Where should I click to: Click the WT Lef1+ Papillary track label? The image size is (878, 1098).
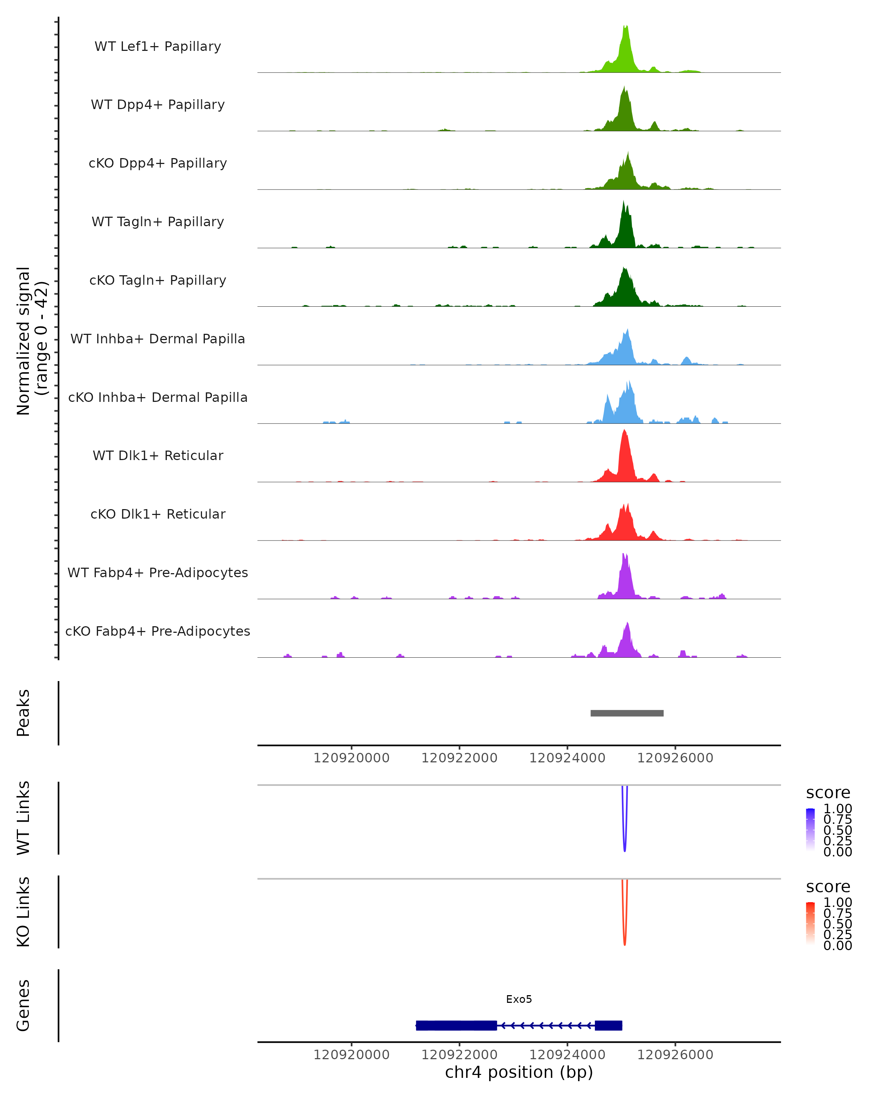158,46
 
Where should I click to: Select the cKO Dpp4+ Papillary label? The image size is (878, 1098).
158,163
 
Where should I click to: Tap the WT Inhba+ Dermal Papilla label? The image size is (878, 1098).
158,339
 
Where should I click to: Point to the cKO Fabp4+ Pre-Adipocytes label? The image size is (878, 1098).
158,631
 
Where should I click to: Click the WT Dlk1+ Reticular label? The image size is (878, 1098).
158,455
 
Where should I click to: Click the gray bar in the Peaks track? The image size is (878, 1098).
627,713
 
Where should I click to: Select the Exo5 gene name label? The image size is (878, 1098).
519,999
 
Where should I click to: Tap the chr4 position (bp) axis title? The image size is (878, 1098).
519,1072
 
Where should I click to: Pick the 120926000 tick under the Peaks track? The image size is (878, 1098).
675,758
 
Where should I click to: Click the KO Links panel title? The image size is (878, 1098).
23,912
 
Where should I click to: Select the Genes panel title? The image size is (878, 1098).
23,1005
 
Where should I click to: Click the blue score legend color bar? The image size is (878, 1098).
810,830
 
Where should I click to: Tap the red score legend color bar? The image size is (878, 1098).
810,923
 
